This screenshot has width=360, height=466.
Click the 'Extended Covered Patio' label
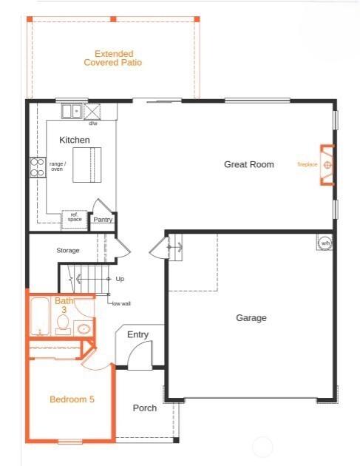coord(113,58)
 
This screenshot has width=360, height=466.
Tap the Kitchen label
coord(75,140)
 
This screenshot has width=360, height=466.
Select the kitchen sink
coord(72,112)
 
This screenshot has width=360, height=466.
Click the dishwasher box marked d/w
coord(93,112)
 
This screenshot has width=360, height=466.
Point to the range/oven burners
coord(36,167)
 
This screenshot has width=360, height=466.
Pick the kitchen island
coord(87,163)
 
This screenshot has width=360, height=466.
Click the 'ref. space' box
coord(74,218)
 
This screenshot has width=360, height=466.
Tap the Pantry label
coord(103,219)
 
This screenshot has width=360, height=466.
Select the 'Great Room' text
coord(249,164)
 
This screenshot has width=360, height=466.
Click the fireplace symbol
coord(328,164)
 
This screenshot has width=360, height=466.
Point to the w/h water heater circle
coord(325,242)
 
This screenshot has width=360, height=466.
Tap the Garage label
coord(251,318)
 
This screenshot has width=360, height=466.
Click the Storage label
coord(68,251)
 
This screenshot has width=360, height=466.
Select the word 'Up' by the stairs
coord(120,279)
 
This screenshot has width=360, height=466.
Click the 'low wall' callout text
coord(121,303)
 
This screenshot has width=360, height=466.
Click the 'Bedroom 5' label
coord(72,399)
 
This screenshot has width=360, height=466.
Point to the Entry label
coord(137,334)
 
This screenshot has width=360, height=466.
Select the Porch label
coord(144,408)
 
